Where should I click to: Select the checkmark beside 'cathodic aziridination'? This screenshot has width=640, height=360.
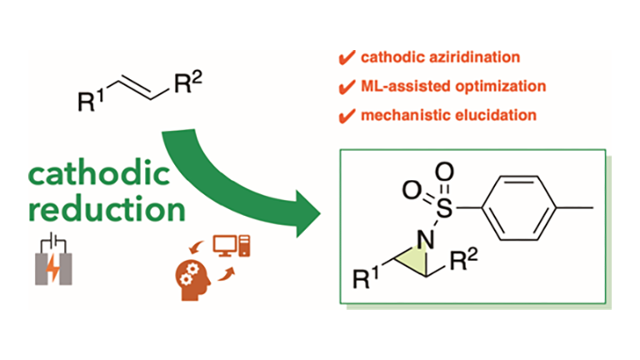(x=347, y=57)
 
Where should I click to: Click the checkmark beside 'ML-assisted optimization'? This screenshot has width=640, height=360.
(x=347, y=87)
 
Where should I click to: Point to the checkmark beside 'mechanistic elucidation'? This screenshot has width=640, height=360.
(x=347, y=116)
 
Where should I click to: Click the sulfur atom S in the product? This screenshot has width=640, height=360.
(x=444, y=208)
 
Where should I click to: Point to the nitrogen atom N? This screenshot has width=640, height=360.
(x=425, y=240)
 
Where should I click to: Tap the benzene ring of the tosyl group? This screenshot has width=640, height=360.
(x=518, y=208)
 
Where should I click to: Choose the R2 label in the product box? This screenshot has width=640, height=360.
(x=463, y=260)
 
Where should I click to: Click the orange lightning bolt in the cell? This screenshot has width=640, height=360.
(x=53, y=269)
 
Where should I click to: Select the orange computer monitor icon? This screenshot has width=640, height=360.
(x=224, y=246)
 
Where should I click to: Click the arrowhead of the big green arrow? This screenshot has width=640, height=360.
(x=308, y=214)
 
